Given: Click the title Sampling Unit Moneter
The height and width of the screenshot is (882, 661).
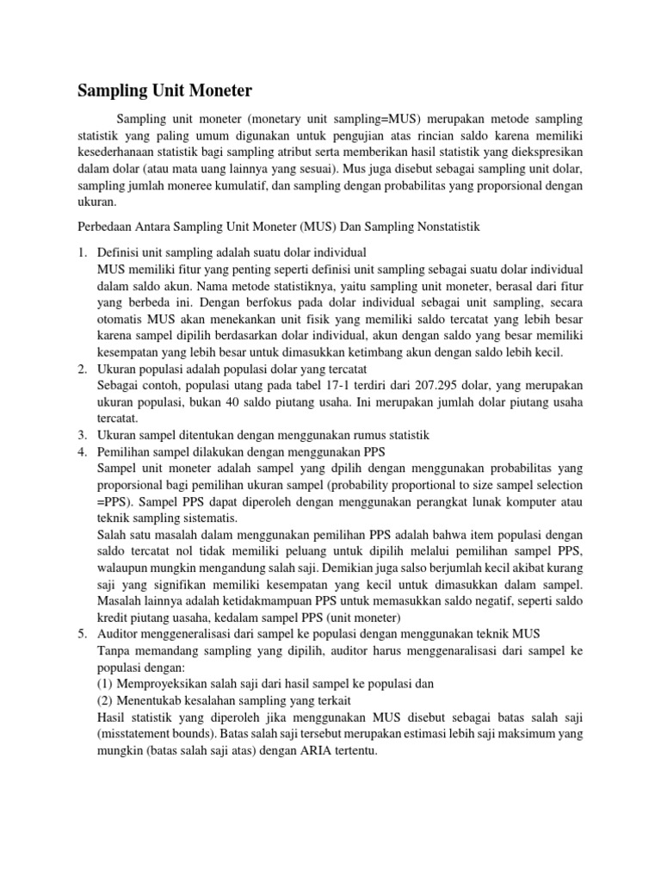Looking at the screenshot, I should tap(165, 90).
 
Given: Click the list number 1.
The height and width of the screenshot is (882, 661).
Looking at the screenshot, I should tap(83, 252).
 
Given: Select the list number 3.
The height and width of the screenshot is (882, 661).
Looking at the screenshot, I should tap(83, 434).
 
